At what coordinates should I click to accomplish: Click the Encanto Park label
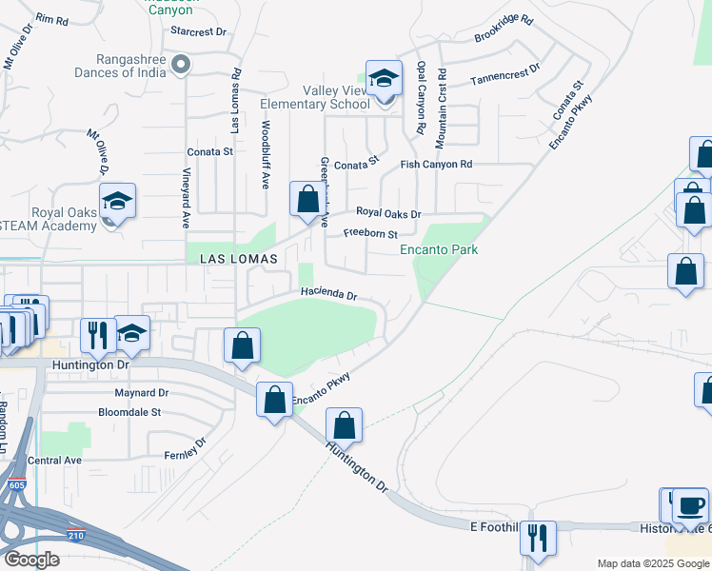coord(438,250)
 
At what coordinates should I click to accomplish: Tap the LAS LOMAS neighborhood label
coord(239,259)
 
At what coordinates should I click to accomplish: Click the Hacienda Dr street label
coord(328,295)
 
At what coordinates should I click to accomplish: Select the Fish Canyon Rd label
coord(436,165)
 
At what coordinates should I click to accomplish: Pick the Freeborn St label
coord(369,233)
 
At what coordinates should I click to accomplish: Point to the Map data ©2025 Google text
coord(652,563)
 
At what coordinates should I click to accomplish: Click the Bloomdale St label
coord(129,413)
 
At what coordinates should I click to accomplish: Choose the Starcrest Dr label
coord(197,31)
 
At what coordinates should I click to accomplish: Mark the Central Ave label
coord(55,461)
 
